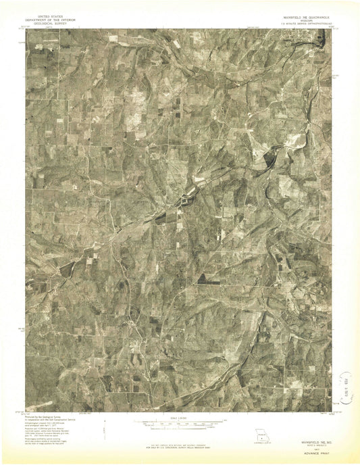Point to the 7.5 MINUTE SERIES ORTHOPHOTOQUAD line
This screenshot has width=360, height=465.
[x=297, y=22]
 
